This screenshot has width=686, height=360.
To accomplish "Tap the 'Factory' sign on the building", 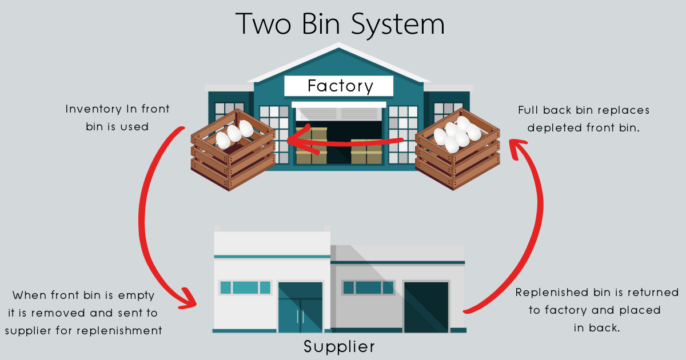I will pyautogui.click(x=340, y=86).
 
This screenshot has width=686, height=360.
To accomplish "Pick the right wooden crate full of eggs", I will pyautogui.click(x=457, y=147).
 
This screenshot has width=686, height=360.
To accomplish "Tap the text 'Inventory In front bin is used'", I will pyautogui.click(x=117, y=117).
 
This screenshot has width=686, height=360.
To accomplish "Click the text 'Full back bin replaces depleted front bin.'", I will pyautogui.click(x=584, y=118).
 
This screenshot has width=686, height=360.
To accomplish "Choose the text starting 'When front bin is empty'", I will pyautogui.click(x=85, y=313).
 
